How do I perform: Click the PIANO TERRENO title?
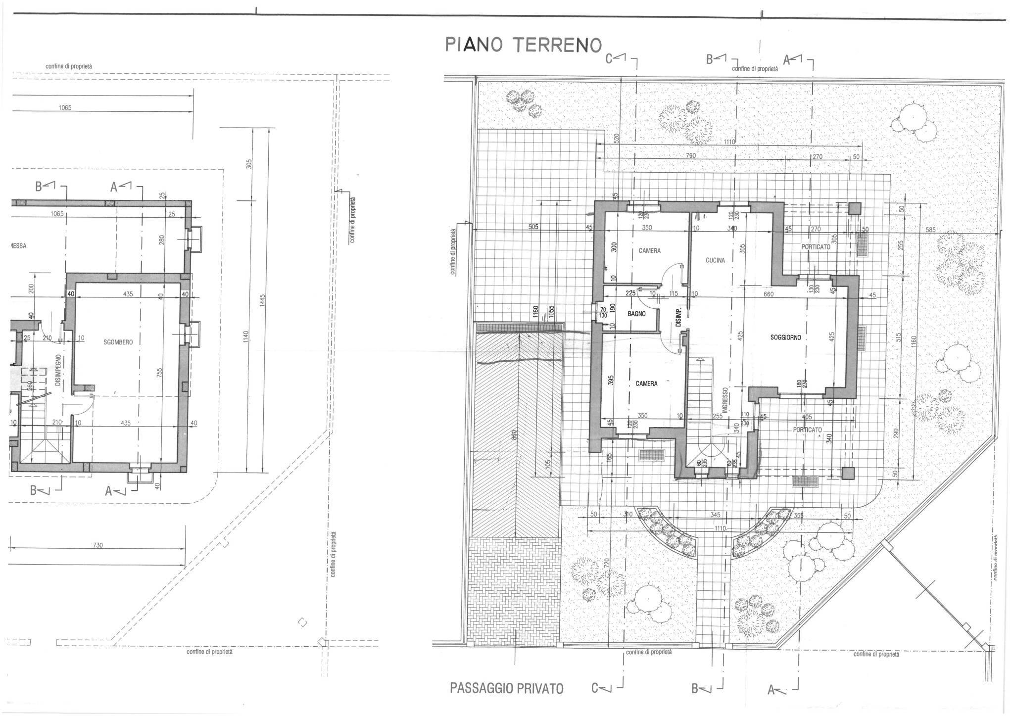click(x=523, y=45)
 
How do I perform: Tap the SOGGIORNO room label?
click(x=785, y=337)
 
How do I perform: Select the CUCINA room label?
click(x=715, y=260)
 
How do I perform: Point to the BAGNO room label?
click(x=636, y=314)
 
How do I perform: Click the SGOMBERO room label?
click(x=118, y=342)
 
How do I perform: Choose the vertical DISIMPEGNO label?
click(x=58, y=370)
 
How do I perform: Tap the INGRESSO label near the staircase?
click(x=724, y=400)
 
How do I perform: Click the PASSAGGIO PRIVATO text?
click(x=506, y=688)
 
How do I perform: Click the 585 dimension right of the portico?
click(x=930, y=230)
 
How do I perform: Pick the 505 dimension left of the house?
click(x=533, y=227)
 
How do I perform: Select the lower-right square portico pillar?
click(x=848, y=473)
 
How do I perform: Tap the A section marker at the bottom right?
click(x=775, y=689)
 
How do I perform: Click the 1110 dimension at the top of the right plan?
click(x=729, y=142)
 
